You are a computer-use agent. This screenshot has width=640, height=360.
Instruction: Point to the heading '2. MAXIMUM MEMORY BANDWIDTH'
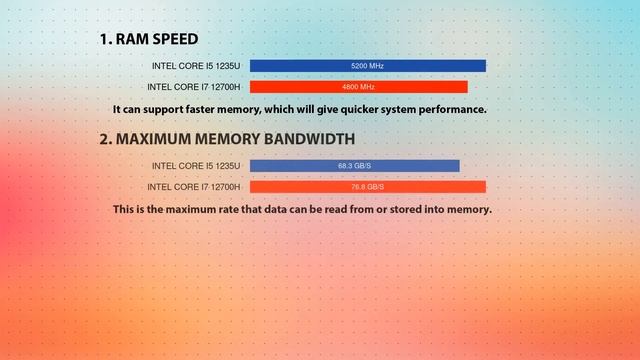(x=226, y=139)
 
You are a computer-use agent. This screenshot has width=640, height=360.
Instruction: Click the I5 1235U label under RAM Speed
(x=196, y=66)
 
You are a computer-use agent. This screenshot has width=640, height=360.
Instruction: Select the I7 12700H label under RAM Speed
(x=194, y=87)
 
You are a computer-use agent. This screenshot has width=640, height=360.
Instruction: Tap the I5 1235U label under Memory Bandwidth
(x=196, y=166)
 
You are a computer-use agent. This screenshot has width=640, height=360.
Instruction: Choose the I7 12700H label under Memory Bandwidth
(x=194, y=187)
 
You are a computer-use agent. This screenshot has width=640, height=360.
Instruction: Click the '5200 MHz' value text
(x=367, y=66)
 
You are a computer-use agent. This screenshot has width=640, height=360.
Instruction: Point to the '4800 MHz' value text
(x=358, y=87)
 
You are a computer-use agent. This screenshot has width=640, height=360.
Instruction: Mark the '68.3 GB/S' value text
(x=355, y=166)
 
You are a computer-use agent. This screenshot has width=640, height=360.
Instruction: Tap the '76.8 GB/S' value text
(x=367, y=187)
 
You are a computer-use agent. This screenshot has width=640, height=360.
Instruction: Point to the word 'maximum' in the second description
(x=204, y=210)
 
